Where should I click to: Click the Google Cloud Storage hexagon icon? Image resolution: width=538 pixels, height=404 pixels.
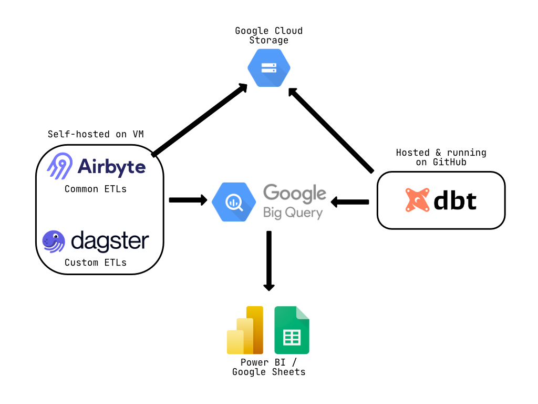[x=268, y=68]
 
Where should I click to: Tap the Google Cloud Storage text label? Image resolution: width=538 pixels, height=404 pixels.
[x=268, y=35]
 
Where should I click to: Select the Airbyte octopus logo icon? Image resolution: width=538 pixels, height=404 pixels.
[x=59, y=166]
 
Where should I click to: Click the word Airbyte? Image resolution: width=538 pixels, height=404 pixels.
[x=111, y=166]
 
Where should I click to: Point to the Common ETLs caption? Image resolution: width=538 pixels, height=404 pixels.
[x=96, y=189]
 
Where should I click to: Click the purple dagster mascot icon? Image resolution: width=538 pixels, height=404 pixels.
[x=54, y=241]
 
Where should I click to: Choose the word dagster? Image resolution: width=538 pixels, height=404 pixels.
[x=110, y=241]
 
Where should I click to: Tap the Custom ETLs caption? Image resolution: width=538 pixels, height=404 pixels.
[x=96, y=262]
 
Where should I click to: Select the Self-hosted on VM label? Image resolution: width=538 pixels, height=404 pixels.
[x=96, y=134]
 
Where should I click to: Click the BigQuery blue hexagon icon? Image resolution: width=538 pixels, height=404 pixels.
[x=234, y=200]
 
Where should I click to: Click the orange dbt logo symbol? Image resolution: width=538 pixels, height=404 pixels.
[x=417, y=200]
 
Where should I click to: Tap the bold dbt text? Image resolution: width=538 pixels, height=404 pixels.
[x=455, y=200]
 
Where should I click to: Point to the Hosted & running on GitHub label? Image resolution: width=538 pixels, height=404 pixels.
[x=441, y=157]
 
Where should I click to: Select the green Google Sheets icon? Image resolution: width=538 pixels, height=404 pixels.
[x=292, y=330]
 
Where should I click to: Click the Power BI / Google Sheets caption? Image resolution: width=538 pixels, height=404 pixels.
[x=268, y=367]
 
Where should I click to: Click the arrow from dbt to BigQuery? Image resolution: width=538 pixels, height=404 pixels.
[x=349, y=201]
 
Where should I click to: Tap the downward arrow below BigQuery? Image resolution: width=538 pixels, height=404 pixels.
[x=269, y=260]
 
